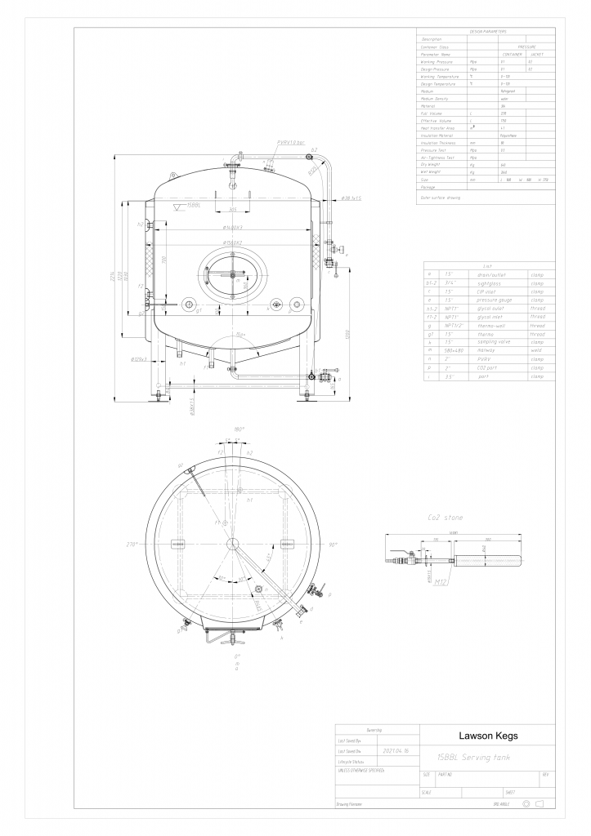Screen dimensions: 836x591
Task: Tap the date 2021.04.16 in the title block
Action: pyautogui.click(x=396, y=749)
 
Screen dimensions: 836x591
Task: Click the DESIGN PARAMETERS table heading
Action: pyautogui.click(x=487, y=31)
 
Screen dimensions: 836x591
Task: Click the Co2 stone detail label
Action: pyautogui.click(x=445, y=517)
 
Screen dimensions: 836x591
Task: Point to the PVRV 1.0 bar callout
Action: pyautogui.click(x=291, y=142)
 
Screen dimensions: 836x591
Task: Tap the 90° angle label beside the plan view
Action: pyautogui.click(x=331, y=545)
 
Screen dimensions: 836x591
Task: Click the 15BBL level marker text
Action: pyautogui.click(x=194, y=205)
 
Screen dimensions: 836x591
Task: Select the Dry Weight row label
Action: pyautogui.click(x=432, y=165)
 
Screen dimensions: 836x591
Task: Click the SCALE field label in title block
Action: pyautogui.click(x=426, y=792)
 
